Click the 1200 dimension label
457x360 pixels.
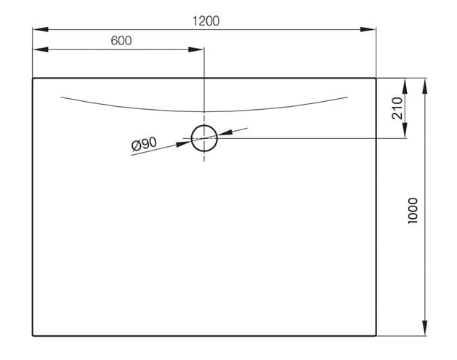206,21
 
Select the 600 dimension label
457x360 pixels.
121,41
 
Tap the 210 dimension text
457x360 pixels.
397,108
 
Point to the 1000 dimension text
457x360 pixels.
413,210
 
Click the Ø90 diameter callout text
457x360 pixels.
144,144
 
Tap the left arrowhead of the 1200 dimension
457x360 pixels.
40,29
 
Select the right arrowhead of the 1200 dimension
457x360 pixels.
368,29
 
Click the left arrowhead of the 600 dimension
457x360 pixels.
40,49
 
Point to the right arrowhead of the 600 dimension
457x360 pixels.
196,49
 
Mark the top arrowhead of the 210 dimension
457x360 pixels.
405,86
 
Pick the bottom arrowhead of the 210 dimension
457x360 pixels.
405,130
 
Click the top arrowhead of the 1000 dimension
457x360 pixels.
425,86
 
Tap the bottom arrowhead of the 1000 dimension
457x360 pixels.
425,328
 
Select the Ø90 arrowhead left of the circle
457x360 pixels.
184,143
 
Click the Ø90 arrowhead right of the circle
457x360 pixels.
225,133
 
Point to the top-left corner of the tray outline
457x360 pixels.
33,79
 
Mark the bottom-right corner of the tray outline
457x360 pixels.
376,336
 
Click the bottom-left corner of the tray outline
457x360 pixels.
33,336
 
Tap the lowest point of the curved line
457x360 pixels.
204,111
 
